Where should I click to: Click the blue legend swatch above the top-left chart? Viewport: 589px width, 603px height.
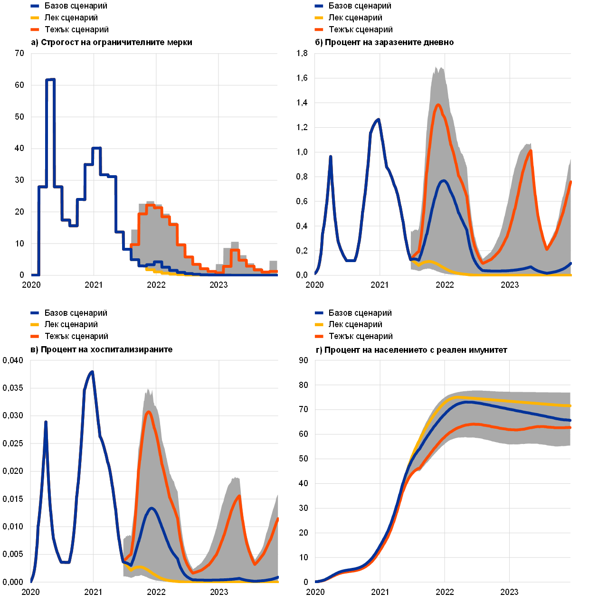35,6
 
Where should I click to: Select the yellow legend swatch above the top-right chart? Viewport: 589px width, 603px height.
319,18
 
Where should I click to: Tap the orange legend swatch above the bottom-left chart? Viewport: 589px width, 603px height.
35,337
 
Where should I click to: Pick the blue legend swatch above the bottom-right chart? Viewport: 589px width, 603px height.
319,313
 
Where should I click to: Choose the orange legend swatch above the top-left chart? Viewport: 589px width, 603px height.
35,30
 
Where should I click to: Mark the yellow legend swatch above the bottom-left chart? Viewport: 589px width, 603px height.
35,325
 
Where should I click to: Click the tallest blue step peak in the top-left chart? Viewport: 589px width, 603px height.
50,80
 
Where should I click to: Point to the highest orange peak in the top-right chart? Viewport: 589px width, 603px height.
438,105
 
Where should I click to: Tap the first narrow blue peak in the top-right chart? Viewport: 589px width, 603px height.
331,156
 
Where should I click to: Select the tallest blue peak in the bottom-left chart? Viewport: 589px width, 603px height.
92,372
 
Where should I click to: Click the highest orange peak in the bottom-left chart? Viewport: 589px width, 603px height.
149,412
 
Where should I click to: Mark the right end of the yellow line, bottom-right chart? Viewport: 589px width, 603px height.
570,406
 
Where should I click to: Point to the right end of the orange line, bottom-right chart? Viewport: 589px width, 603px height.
570,427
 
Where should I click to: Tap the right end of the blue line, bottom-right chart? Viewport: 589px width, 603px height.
570,420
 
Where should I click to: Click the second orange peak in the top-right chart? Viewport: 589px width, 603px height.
530,151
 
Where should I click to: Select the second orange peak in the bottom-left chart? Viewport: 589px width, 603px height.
239,496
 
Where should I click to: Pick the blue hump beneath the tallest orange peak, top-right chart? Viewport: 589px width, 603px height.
444,181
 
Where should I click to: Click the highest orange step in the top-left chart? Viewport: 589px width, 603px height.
150,205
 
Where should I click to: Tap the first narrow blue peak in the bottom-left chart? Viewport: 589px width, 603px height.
46,422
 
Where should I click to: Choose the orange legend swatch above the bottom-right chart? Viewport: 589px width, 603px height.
319,337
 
